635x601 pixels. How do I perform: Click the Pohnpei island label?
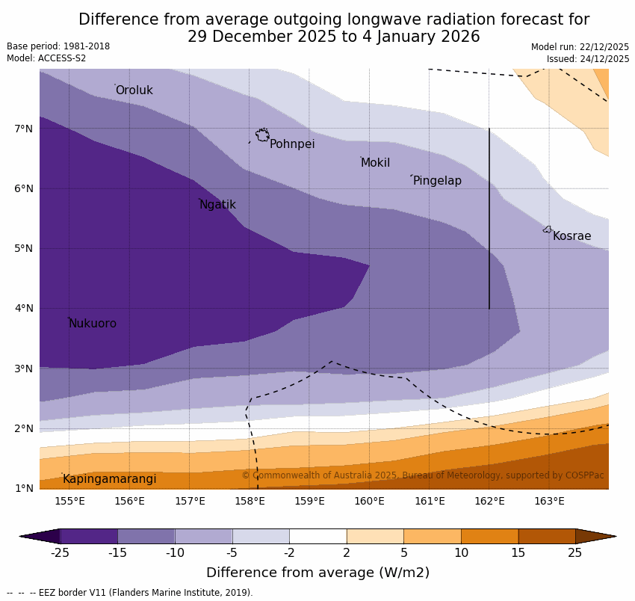point(292,144)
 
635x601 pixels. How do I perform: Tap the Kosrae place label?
point(571,236)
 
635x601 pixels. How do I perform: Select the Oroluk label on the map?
point(134,90)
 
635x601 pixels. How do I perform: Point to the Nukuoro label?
point(93,324)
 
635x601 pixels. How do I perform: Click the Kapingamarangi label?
point(109,479)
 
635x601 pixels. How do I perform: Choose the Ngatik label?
point(217,205)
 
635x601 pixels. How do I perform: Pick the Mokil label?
point(375,163)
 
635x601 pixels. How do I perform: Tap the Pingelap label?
point(437,181)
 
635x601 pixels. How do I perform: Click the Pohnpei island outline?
point(262,135)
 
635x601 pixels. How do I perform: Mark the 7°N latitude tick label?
point(24,129)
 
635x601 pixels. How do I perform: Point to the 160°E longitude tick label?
point(369,501)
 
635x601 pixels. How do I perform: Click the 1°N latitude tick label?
point(24,488)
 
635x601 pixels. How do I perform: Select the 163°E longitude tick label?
point(549,501)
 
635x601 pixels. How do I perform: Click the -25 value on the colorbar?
point(59,553)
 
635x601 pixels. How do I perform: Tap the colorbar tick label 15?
point(518,553)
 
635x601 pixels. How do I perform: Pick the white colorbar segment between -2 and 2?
point(317,536)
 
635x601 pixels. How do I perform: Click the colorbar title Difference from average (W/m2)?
point(317,573)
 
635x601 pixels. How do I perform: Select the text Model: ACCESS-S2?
point(46,58)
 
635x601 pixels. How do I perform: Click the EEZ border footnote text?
point(130,593)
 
